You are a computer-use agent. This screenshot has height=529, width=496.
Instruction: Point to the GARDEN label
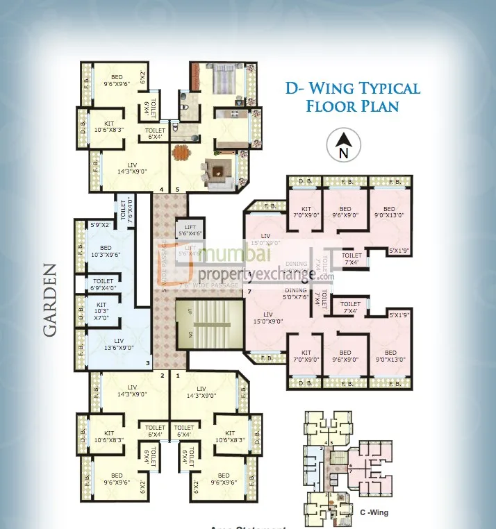click(x=51, y=300)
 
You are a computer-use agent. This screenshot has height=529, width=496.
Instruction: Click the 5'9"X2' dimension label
click(x=101, y=225)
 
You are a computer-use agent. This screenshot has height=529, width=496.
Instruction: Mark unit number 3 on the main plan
click(x=147, y=363)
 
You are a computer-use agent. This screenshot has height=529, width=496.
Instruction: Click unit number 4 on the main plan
click(x=162, y=189)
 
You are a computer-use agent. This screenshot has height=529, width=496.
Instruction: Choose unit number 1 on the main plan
click(x=178, y=376)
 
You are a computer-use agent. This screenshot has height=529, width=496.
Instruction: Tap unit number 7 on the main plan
click(x=248, y=292)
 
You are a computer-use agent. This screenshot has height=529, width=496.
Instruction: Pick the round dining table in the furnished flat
click(x=181, y=151)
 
